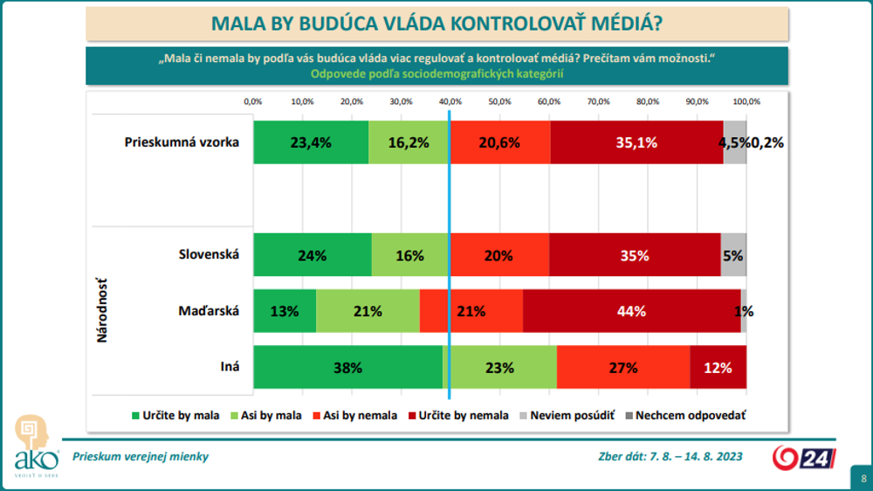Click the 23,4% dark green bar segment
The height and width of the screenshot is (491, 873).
pos(311,142)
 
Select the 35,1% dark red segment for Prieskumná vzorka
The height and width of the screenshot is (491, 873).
pos(636,142)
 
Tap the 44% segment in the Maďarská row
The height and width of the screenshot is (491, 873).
pos(631,310)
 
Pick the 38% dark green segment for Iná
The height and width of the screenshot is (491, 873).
pos(347,367)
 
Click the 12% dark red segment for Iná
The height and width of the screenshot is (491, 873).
pos(718,367)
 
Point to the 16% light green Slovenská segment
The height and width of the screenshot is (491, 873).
pos(409,255)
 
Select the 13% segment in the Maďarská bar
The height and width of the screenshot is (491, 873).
pos(285,310)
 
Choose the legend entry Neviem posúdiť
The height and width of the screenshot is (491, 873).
pos(567,416)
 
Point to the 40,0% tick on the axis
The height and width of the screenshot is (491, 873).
pos(450,102)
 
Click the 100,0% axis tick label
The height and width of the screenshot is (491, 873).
pos(746,102)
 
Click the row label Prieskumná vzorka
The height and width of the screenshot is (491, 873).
pos(182,142)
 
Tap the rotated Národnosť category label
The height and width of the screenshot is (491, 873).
pos(102,310)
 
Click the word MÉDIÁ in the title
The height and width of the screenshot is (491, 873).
pos(624,23)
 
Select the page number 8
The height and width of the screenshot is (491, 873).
pos(863,479)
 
